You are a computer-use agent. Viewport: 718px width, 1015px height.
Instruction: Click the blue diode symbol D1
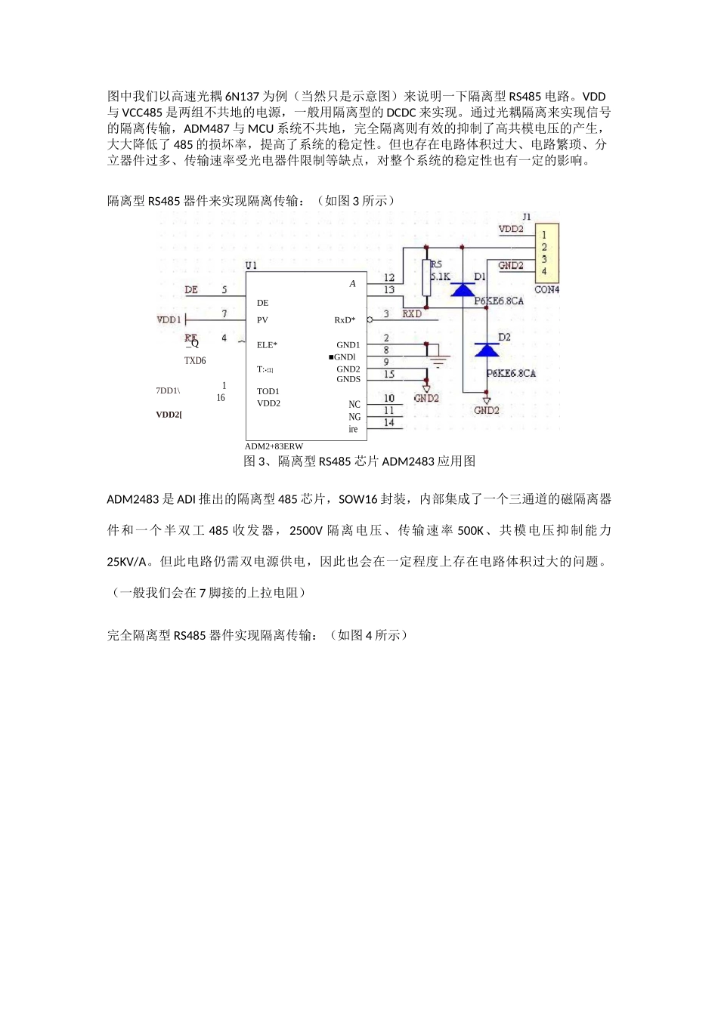click(x=463, y=289)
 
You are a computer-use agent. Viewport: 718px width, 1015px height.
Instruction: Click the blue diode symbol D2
click(x=486, y=349)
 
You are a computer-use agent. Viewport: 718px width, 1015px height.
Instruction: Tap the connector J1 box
click(x=547, y=252)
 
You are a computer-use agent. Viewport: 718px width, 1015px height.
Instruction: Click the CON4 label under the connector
click(x=546, y=290)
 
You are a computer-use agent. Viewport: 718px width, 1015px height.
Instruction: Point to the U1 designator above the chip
click(x=251, y=266)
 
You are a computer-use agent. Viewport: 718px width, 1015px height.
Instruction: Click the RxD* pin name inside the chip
click(x=345, y=320)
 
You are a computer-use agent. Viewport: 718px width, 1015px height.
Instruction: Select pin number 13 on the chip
click(x=388, y=290)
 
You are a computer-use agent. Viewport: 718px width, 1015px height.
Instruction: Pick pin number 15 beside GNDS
click(x=388, y=375)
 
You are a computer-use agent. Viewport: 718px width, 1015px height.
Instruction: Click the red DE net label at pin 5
click(x=191, y=290)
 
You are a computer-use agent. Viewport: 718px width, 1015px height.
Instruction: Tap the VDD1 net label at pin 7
click(x=169, y=320)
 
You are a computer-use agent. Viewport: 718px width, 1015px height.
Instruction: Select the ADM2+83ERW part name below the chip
click(x=274, y=446)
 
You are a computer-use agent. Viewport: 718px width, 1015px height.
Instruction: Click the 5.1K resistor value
click(x=440, y=277)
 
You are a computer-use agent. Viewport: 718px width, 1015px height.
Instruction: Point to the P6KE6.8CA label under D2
click(x=511, y=374)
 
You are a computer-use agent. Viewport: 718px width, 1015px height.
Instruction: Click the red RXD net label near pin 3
click(x=412, y=313)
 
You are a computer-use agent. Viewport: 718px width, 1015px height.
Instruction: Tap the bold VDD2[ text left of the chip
click(x=169, y=415)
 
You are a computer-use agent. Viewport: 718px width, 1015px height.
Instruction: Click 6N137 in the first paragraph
click(x=242, y=97)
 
